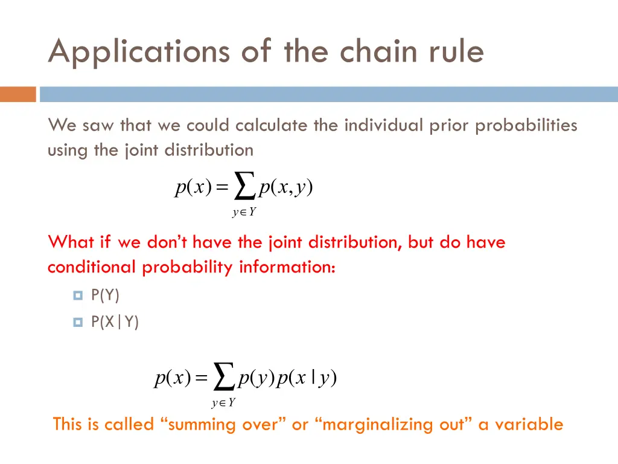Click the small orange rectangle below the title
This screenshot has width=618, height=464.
[18, 94]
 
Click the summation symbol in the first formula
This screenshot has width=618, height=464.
[244, 186]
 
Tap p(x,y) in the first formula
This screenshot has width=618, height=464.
[285, 188]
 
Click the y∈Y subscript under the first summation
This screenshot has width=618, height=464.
[244, 212]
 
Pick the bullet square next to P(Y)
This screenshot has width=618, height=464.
[77, 295]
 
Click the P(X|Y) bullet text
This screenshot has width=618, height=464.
[115, 323]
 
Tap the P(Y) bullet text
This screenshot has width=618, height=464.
[105, 295]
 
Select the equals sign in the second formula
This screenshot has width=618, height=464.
[202, 379]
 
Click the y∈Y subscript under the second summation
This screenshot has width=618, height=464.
[223, 402]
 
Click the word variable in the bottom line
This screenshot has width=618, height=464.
[529, 424]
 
